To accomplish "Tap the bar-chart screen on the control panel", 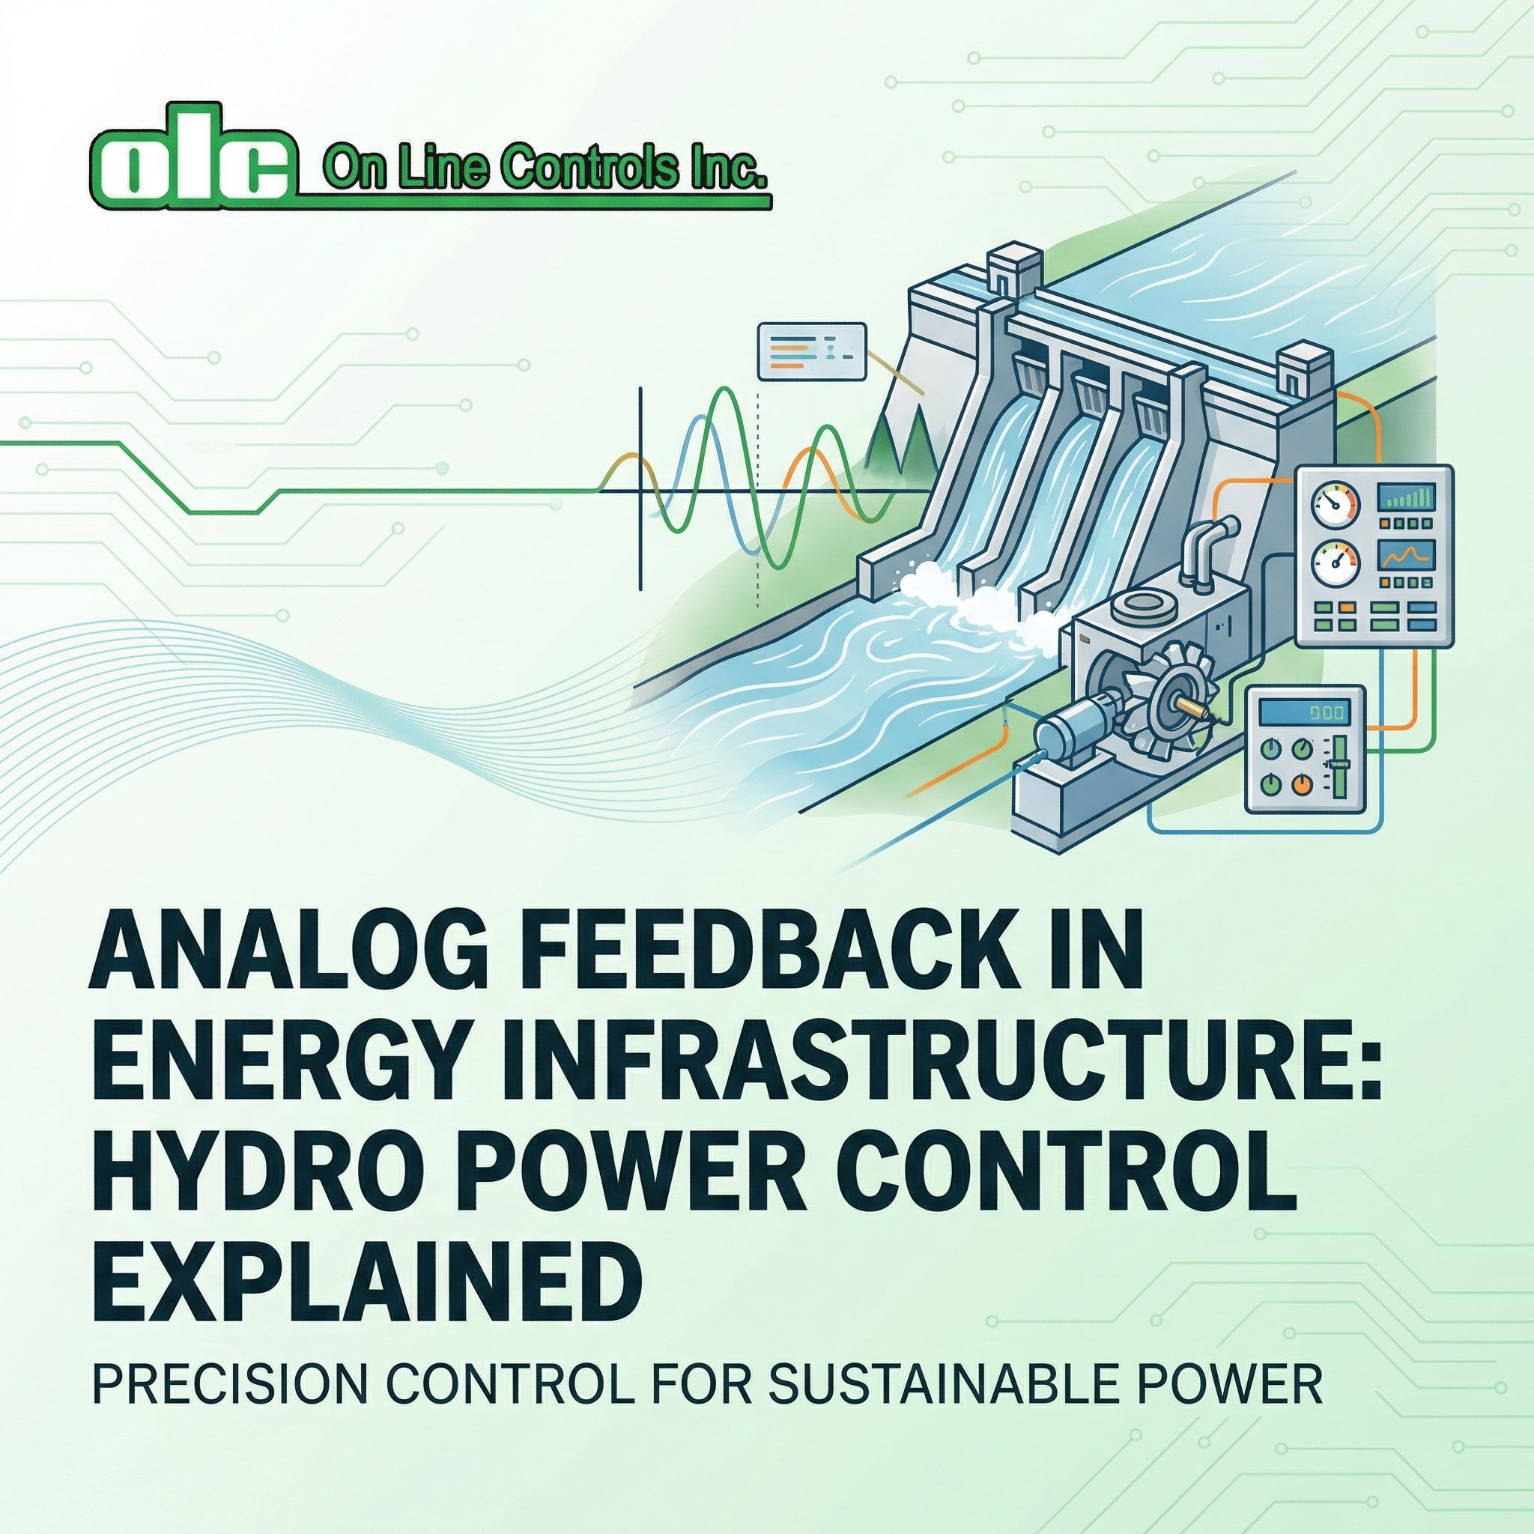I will tap(1404, 498).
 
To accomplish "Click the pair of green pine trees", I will tap(900, 439).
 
